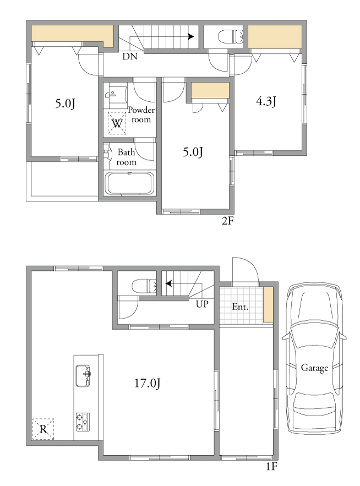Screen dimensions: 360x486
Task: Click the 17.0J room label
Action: pyautogui.click(x=148, y=384)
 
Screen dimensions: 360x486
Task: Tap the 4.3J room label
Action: pyautogui.click(x=266, y=101)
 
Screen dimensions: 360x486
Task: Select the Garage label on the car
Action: pyautogui.click(x=314, y=368)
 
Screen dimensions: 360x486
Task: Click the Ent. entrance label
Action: pyautogui.click(x=241, y=307)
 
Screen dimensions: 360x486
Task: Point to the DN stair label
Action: pyautogui.click(x=129, y=56)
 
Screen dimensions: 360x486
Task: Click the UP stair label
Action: pyautogui.click(x=202, y=304)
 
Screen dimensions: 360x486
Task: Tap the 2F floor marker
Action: pyautogui.click(x=227, y=221)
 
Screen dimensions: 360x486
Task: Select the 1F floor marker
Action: pyautogui.click(x=271, y=475)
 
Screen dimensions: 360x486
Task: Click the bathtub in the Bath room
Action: pyautogui.click(x=129, y=183)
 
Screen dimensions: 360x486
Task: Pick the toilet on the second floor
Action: pyautogui.click(x=231, y=37)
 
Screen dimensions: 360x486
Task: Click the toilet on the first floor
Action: pyautogui.click(x=144, y=286)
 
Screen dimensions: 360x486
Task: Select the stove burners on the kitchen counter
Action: pyautogui.click(x=83, y=422)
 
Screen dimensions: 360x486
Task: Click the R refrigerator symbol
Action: pyautogui.click(x=43, y=429)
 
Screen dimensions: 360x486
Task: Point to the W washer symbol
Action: pyautogui.click(x=117, y=123)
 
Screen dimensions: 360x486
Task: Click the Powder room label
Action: pyautogui.click(x=141, y=114)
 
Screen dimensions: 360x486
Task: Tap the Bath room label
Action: pyautogui.click(x=126, y=157)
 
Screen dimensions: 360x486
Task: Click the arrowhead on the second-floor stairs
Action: pyautogui.click(x=192, y=37)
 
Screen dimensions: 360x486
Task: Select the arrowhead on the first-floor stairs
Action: pyautogui.click(x=169, y=283)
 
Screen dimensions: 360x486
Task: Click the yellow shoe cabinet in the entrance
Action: pyautogui.click(x=268, y=305)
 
